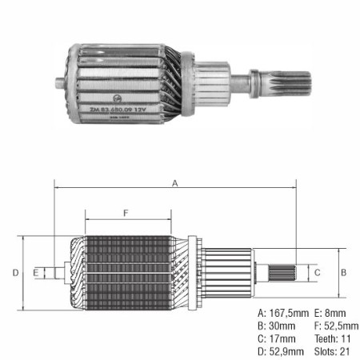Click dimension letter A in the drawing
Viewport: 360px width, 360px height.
[174, 183]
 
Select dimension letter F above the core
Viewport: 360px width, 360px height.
[126, 213]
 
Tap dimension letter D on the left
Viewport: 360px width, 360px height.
[15, 273]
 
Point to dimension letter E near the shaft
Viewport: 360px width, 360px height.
[37, 273]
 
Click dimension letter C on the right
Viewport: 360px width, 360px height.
[317, 273]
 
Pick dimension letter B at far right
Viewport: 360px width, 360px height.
[344, 273]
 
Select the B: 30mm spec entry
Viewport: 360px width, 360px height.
[278, 326]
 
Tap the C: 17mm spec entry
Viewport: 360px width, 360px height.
[278, 338]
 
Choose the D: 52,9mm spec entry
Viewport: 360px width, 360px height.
[282, 351]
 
